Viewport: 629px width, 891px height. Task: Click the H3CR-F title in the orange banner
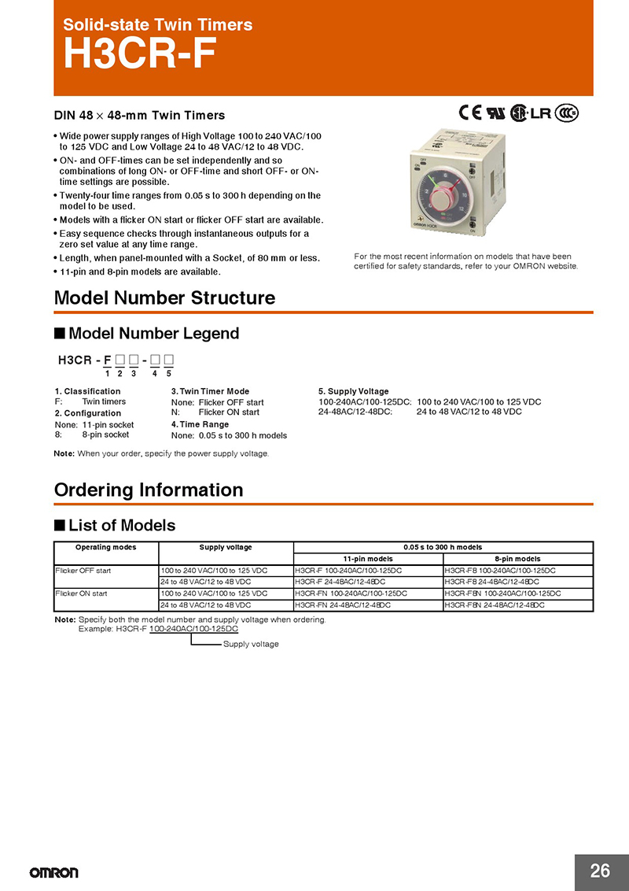(x=138, y=55)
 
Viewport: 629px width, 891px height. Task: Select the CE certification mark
(x=469, y=113)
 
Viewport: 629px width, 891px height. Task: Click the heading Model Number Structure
(x=164, y=298)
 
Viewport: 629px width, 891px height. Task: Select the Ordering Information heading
(x=149, y=490)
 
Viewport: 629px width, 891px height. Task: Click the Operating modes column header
(x=105, y=547)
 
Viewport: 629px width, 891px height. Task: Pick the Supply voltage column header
(x=226, y=547)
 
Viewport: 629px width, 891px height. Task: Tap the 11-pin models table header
(x=368, y=559)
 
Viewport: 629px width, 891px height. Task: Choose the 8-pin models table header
(x=517, y=559)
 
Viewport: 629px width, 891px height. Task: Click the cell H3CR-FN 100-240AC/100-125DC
(x=351, y=593)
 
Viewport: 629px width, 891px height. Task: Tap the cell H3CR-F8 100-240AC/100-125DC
(x=500, y=570)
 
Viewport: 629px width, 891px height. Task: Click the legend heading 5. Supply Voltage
(x=353, y=391)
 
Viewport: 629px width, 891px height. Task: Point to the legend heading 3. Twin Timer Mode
(x=210, y=391)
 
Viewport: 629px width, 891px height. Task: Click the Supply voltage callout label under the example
(x=251, y=644)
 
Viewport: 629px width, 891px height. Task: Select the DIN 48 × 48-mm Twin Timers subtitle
(x=139, y=116)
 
